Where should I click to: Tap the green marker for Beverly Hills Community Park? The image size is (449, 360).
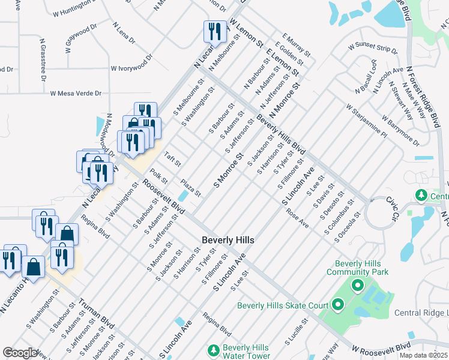pos(358,285)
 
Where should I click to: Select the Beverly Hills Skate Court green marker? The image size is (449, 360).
pos(337,305)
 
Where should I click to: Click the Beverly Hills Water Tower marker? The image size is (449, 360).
pos(213,349)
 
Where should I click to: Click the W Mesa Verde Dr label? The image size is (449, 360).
pos(76,94)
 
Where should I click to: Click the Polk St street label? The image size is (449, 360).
pos(159,177)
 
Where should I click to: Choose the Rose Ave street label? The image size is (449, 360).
pos(297,218)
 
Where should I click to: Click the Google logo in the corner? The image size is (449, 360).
pos(20,353)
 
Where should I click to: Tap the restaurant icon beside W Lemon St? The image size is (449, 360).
pos(213,31)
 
